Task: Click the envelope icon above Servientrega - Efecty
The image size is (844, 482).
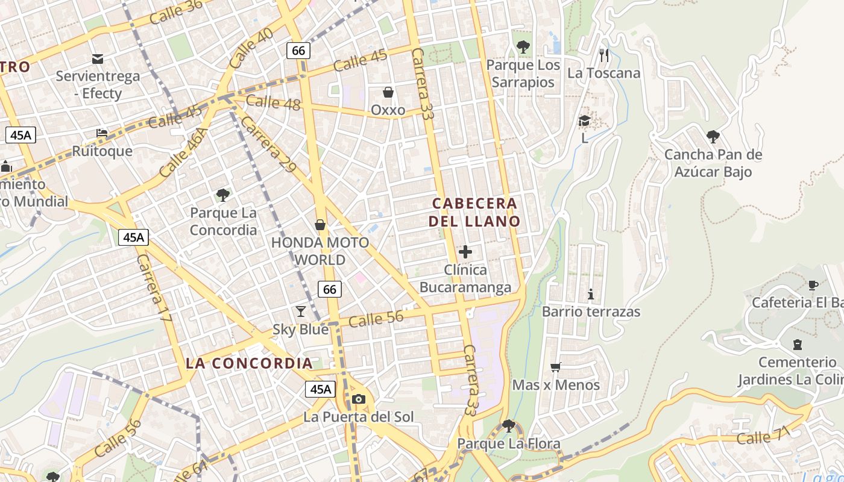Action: coord(98,58)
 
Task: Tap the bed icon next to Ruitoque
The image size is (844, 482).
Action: coord(102,133)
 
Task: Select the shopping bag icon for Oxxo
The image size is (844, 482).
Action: coord(388,92)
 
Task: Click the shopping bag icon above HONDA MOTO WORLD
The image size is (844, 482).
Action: coord(320,225)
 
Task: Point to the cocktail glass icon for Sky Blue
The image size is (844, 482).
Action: coord(301,311)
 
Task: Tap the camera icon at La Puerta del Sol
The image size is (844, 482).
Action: coord(359,399)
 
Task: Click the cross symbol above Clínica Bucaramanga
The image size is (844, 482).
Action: coord(465,252)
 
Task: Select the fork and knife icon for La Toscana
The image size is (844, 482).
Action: coord(604,55)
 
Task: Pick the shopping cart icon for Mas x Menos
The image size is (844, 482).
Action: coord(556,367)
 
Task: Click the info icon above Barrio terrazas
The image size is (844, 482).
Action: coord(591,294)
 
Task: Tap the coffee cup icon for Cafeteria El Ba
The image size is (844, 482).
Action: coord(813,284)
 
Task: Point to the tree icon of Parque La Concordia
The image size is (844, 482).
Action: coord(223,195)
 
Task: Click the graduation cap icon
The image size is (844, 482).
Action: coord(584,121)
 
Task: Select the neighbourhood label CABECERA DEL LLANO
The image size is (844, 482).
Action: coord(474,212)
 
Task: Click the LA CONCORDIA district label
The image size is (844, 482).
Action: coord(249,363)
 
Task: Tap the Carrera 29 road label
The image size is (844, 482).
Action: coord(269,145)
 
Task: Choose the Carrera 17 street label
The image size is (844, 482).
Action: coord(154,292)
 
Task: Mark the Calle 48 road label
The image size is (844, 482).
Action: coord(273,102)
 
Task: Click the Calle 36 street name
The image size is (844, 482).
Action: coord(176,11)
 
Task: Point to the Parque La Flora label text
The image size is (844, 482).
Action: coord(509,444)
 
